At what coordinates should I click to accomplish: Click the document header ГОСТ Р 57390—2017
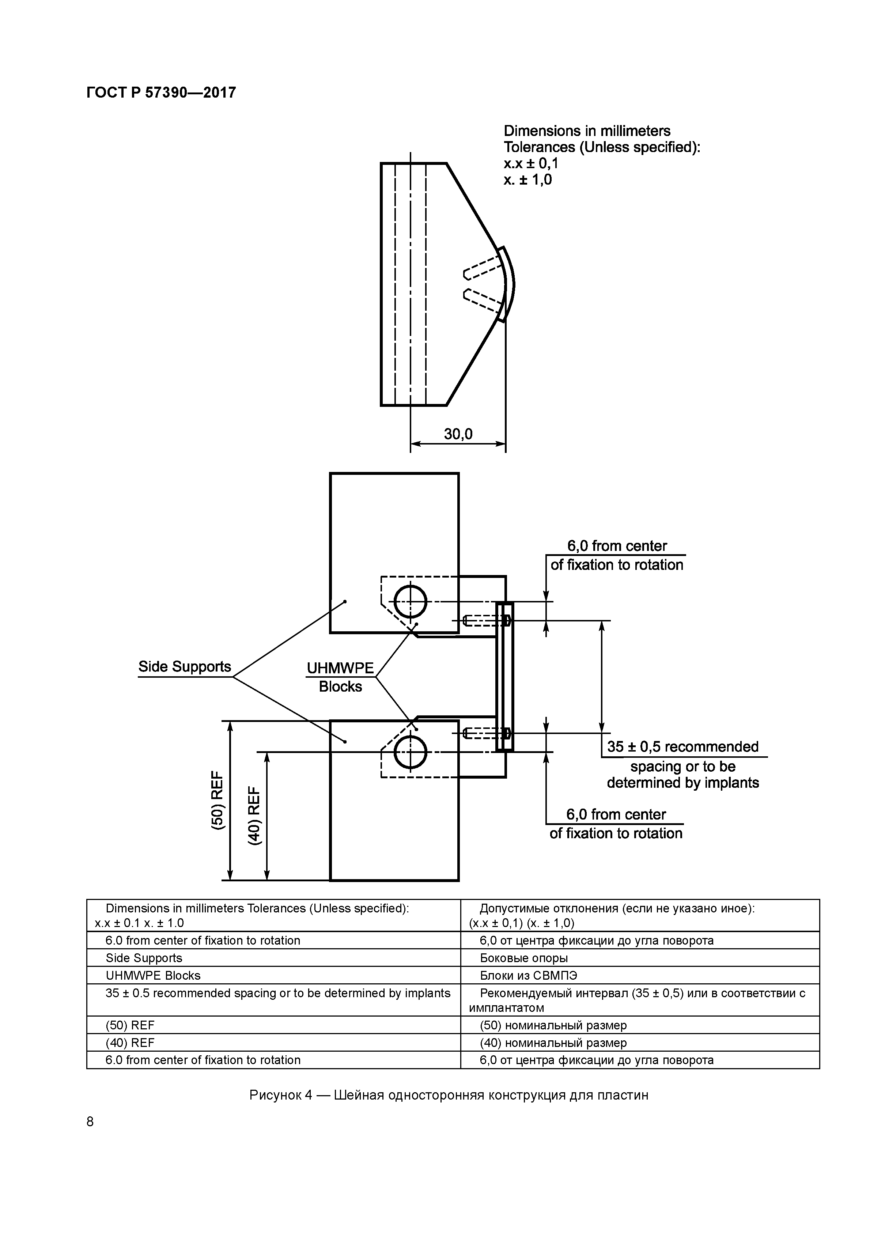(161, 93)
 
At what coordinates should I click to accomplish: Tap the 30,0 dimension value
(458, 434)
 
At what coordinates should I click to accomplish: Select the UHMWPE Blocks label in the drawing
(340, 677)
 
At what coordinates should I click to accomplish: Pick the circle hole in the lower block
(410, 752)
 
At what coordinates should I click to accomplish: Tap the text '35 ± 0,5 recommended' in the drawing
(683, 746)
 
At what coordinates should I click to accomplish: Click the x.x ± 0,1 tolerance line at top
(530, 164)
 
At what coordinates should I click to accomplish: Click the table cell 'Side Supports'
(144, 958)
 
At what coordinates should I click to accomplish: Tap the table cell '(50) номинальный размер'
(553, 1025)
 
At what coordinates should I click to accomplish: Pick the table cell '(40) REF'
(130, 1043)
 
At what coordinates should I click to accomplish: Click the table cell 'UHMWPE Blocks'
(153, 976)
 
